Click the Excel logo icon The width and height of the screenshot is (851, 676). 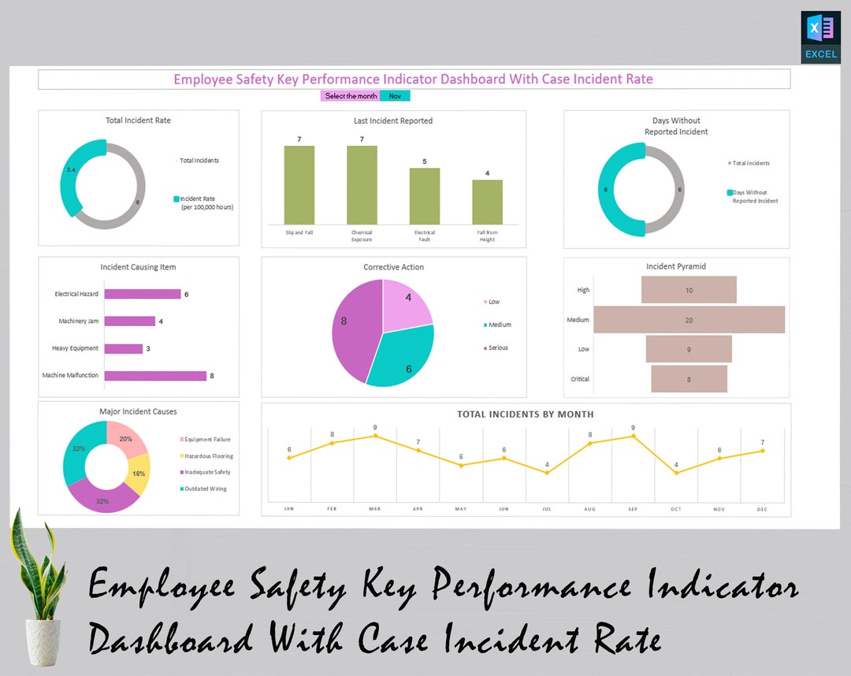pos(820,36)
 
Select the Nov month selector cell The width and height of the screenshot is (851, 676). pos(395,96)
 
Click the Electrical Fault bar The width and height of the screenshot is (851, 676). pos(425,196)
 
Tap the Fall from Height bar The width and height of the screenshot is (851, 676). pos(487,202)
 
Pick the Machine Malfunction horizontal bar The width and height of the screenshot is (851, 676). pos(155,376)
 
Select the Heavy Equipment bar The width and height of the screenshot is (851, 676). pos(124,348)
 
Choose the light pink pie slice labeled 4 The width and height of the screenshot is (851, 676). pos(405,303)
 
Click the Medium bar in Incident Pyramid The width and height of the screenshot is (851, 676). pos(689,320)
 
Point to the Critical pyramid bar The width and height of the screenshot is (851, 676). pos(689,379)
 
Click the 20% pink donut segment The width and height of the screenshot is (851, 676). pos(126,440)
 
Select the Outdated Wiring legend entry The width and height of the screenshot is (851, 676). pos(206,489)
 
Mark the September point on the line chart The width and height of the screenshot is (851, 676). pos(634,436)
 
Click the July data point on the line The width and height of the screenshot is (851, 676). pos(547,473)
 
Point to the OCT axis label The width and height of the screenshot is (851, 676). pos(676,509)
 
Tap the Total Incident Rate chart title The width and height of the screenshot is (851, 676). pos(138,121)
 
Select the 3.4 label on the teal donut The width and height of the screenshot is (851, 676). pos(71,170)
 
